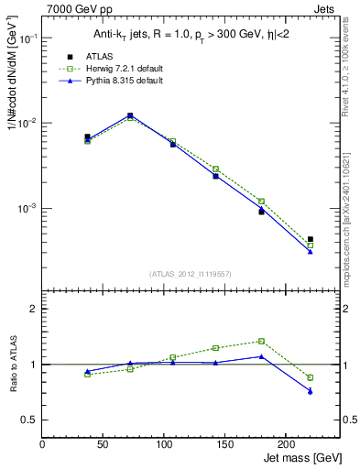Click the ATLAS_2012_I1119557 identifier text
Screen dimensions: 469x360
click(189, 274)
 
